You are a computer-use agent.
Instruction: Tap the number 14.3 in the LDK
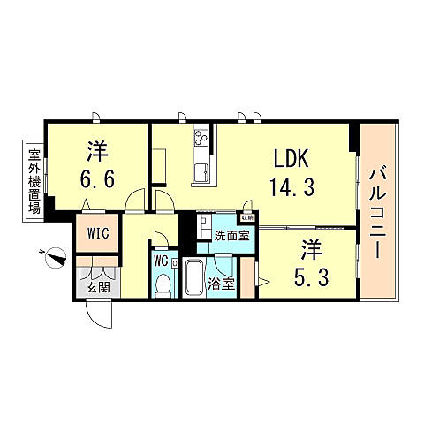pos(290,187)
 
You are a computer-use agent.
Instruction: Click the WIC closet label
pos(97,235)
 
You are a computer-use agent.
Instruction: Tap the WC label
pos(161,261)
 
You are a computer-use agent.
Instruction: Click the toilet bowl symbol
pos(164,284)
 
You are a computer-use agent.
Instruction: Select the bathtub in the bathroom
pos(194,281)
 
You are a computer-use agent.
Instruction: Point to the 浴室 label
pos(222,284)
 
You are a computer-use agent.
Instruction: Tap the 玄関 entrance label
pos(92,285)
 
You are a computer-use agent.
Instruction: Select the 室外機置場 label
pos(33,182)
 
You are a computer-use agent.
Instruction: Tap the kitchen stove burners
pos(201,138)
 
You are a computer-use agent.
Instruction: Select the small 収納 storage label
pos(248,215)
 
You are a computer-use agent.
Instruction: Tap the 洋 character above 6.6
pos(96,149)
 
